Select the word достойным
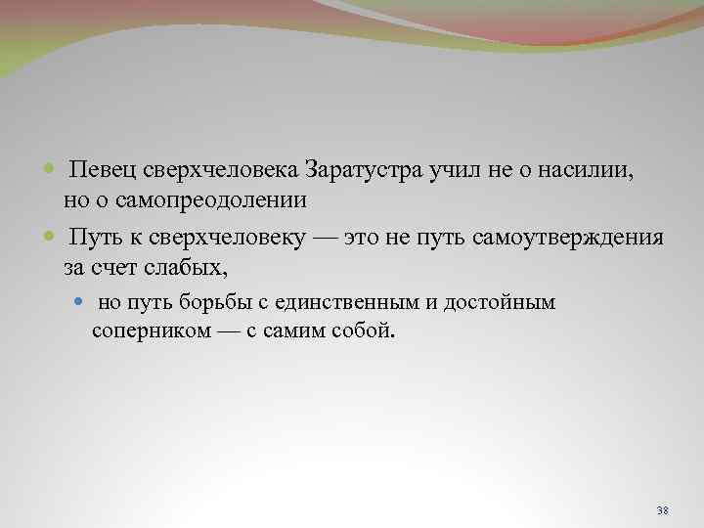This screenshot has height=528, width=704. coord(500,303)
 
